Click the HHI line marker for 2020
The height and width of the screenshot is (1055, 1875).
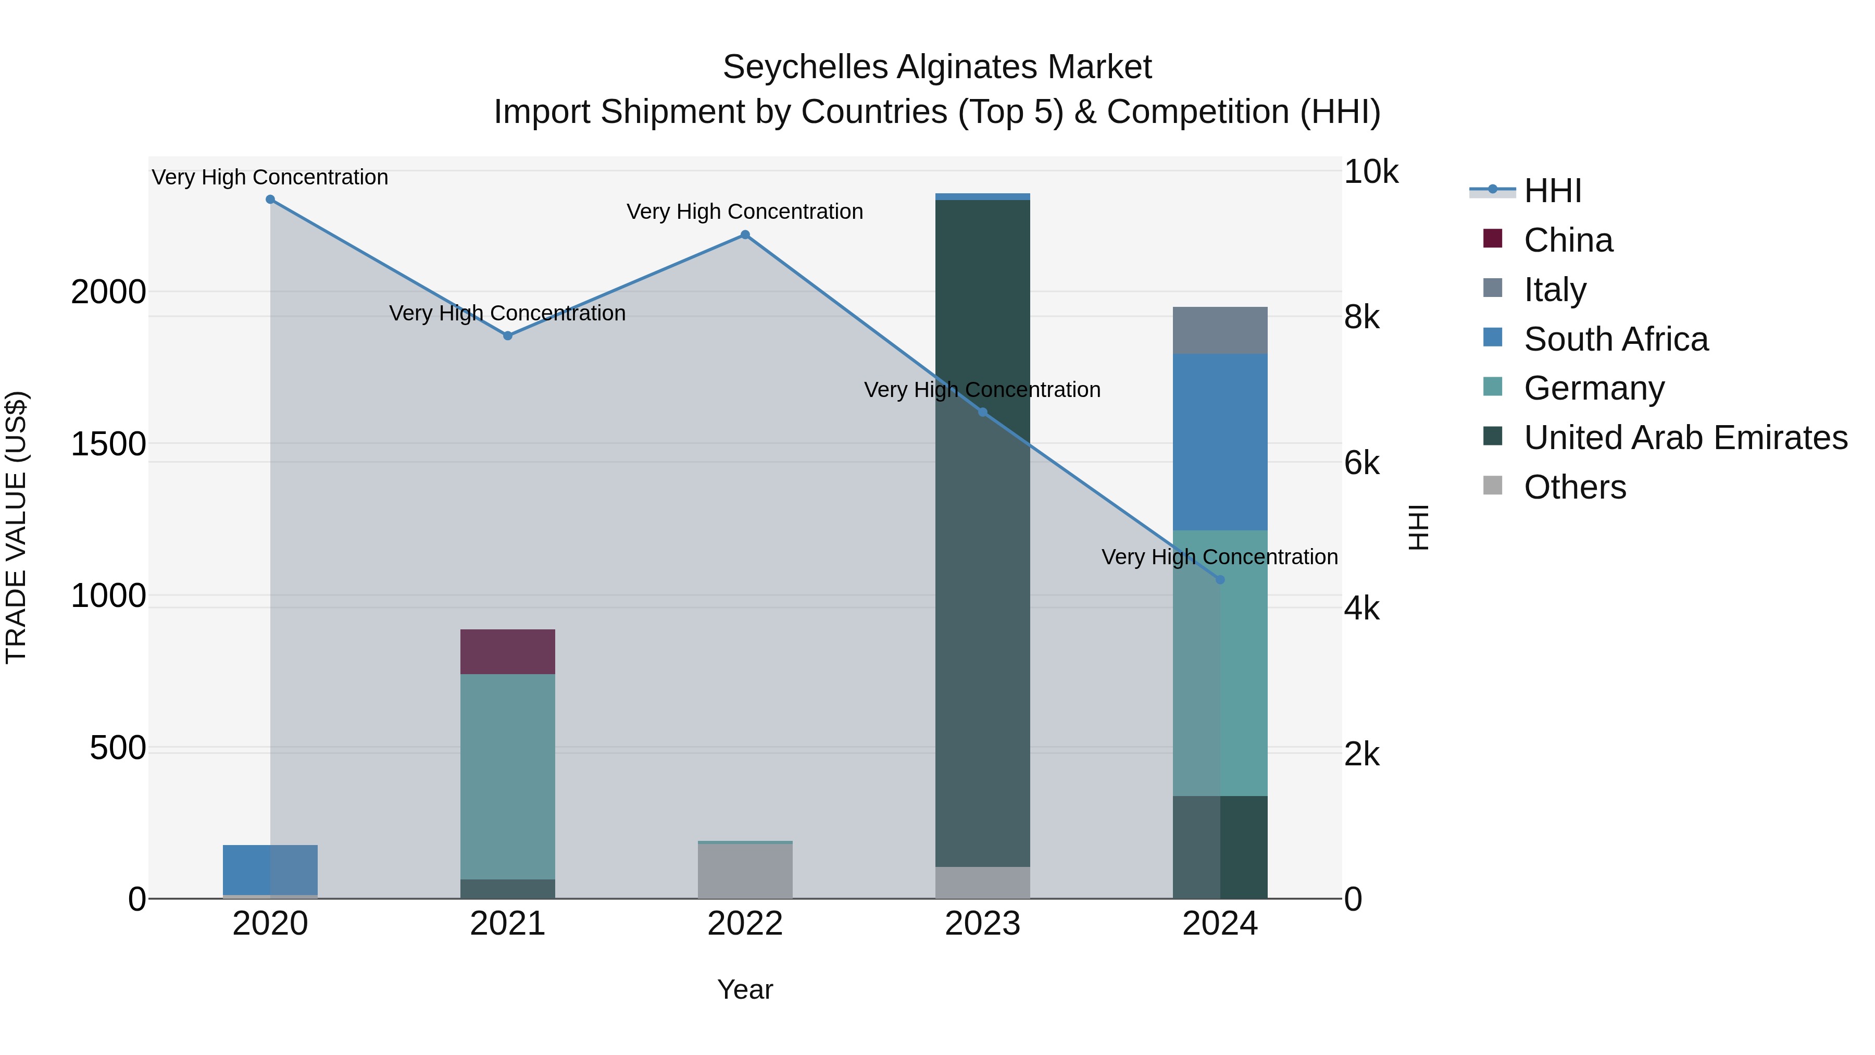pos(270,200)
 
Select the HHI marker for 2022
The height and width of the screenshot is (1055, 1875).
pos(745,234)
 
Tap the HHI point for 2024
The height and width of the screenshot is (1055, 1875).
pos(1220,579)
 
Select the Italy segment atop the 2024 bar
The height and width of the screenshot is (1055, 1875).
pos(1220,330)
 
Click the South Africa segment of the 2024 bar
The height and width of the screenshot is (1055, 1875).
pos(1220,441)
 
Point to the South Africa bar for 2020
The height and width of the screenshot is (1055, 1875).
pos(270,870)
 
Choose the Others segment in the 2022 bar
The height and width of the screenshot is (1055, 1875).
pos(745,871)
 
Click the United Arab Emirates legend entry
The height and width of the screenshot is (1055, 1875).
pos(1685,438)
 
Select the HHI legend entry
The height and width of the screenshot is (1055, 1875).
pos(1552,191)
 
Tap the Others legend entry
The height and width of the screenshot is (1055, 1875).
pos(1574,487)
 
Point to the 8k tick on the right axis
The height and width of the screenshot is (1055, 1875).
pos(1361,317)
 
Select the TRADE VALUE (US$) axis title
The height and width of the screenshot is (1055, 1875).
pos(16,527)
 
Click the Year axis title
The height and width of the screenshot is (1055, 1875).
pos(745,989)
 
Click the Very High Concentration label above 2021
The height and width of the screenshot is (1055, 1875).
pos(507,313)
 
